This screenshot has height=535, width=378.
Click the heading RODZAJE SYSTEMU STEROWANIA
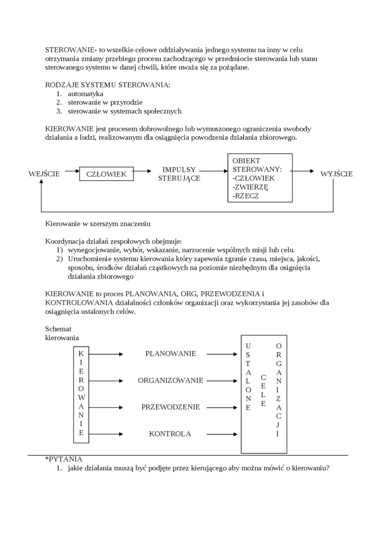click(107, 85)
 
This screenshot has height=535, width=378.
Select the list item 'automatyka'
click(86, 94)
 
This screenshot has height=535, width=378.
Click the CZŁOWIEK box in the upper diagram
click(106, 174)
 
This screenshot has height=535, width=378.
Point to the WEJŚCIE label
click(44, 174)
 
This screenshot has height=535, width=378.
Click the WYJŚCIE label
click(336, 174)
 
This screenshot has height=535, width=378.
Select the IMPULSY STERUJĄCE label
click(179, 174)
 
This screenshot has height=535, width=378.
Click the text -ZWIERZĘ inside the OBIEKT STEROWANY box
click(250, 187)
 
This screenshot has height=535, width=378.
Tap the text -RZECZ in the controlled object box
click(246, 196)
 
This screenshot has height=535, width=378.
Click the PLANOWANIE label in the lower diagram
click(171, 354)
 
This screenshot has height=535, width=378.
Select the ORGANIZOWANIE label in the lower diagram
click(171, 381)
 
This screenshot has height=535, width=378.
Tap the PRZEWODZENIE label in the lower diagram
click(171, 407)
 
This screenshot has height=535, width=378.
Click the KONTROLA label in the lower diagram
click(170, 434)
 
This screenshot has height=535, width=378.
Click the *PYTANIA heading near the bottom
click(64, 459)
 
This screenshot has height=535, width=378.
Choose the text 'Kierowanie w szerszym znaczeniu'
click(98, 224)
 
